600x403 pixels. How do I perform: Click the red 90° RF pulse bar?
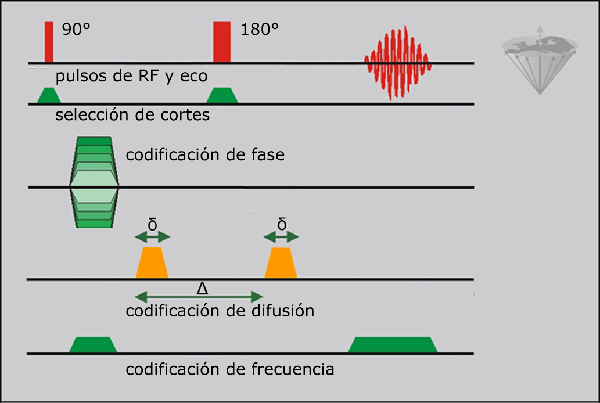coord(49,42)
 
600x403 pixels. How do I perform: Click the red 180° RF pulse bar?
coord(222,42)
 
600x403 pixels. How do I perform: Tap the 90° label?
coord(76,30)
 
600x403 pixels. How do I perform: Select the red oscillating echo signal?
coord(397,62)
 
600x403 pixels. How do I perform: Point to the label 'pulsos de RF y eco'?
coord(131,76)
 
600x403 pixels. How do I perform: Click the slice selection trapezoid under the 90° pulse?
coord(49,96)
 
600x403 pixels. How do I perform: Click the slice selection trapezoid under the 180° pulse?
coord(222,96)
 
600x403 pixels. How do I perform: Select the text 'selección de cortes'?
coord(132,114)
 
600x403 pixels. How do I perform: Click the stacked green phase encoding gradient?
coord(94,182)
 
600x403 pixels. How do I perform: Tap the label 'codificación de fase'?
coord(205,155)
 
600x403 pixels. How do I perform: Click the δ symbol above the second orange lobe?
coord(282,224)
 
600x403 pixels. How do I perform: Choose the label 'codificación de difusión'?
coord(220,311)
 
